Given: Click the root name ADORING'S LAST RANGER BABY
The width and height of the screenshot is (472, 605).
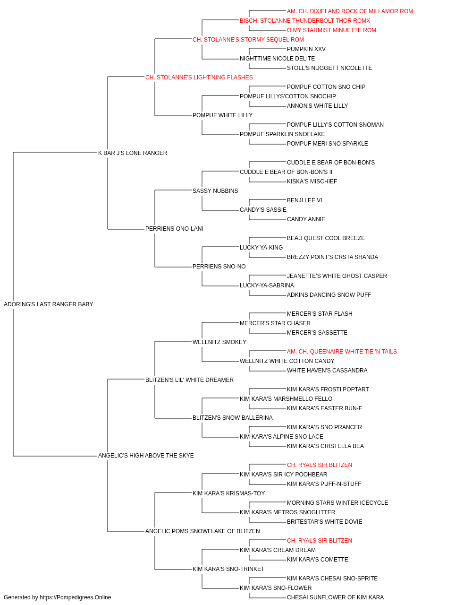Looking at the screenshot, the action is click(x=48, y=304).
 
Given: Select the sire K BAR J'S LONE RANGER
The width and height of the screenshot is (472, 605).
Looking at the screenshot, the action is click(x=133, y=153).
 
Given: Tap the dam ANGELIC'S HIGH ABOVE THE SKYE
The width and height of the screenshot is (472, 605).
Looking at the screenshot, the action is click(x=146, y=456).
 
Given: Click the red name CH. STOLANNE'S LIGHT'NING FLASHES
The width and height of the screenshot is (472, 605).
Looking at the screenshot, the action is click(x=199, y=78).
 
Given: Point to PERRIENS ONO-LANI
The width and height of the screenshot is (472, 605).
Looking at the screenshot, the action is click(x=174, y=229).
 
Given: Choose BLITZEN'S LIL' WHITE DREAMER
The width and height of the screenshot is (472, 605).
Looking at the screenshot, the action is click(x=190, y=380).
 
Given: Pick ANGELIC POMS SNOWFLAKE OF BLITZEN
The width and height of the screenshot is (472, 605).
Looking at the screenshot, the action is click(x=202, y=531).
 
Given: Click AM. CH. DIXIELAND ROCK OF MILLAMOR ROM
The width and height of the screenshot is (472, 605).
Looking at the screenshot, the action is click(x=350, y=11).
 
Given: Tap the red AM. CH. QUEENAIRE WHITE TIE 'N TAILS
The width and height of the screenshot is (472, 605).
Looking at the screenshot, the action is click(x=342, y=352).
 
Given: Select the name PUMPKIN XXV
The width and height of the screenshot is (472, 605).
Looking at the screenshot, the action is click(x=306, y=49).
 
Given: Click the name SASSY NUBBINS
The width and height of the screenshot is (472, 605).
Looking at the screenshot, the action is click(x=215, y=191).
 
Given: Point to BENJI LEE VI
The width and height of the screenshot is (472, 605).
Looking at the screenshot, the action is click(x=304, y=200).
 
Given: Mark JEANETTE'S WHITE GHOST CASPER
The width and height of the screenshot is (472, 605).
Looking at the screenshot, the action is click(x=337, y=276).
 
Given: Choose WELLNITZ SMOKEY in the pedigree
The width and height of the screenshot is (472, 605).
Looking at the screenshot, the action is click(x=219, y=342).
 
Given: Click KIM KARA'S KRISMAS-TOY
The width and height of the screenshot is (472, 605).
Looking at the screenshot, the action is click(x=229, y=493).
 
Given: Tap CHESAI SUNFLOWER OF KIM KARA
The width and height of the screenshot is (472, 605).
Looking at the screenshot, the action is click(x=336, y=597).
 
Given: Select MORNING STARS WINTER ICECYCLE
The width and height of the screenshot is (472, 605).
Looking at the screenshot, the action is click(x=337, y=503).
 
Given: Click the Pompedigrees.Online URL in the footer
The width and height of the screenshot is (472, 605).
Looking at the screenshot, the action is click(x=76, y=597).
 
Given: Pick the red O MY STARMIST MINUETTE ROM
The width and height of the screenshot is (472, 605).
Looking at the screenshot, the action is click(x=332, y=30).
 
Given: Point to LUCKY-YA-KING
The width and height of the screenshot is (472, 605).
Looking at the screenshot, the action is click(x=261, y=248).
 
